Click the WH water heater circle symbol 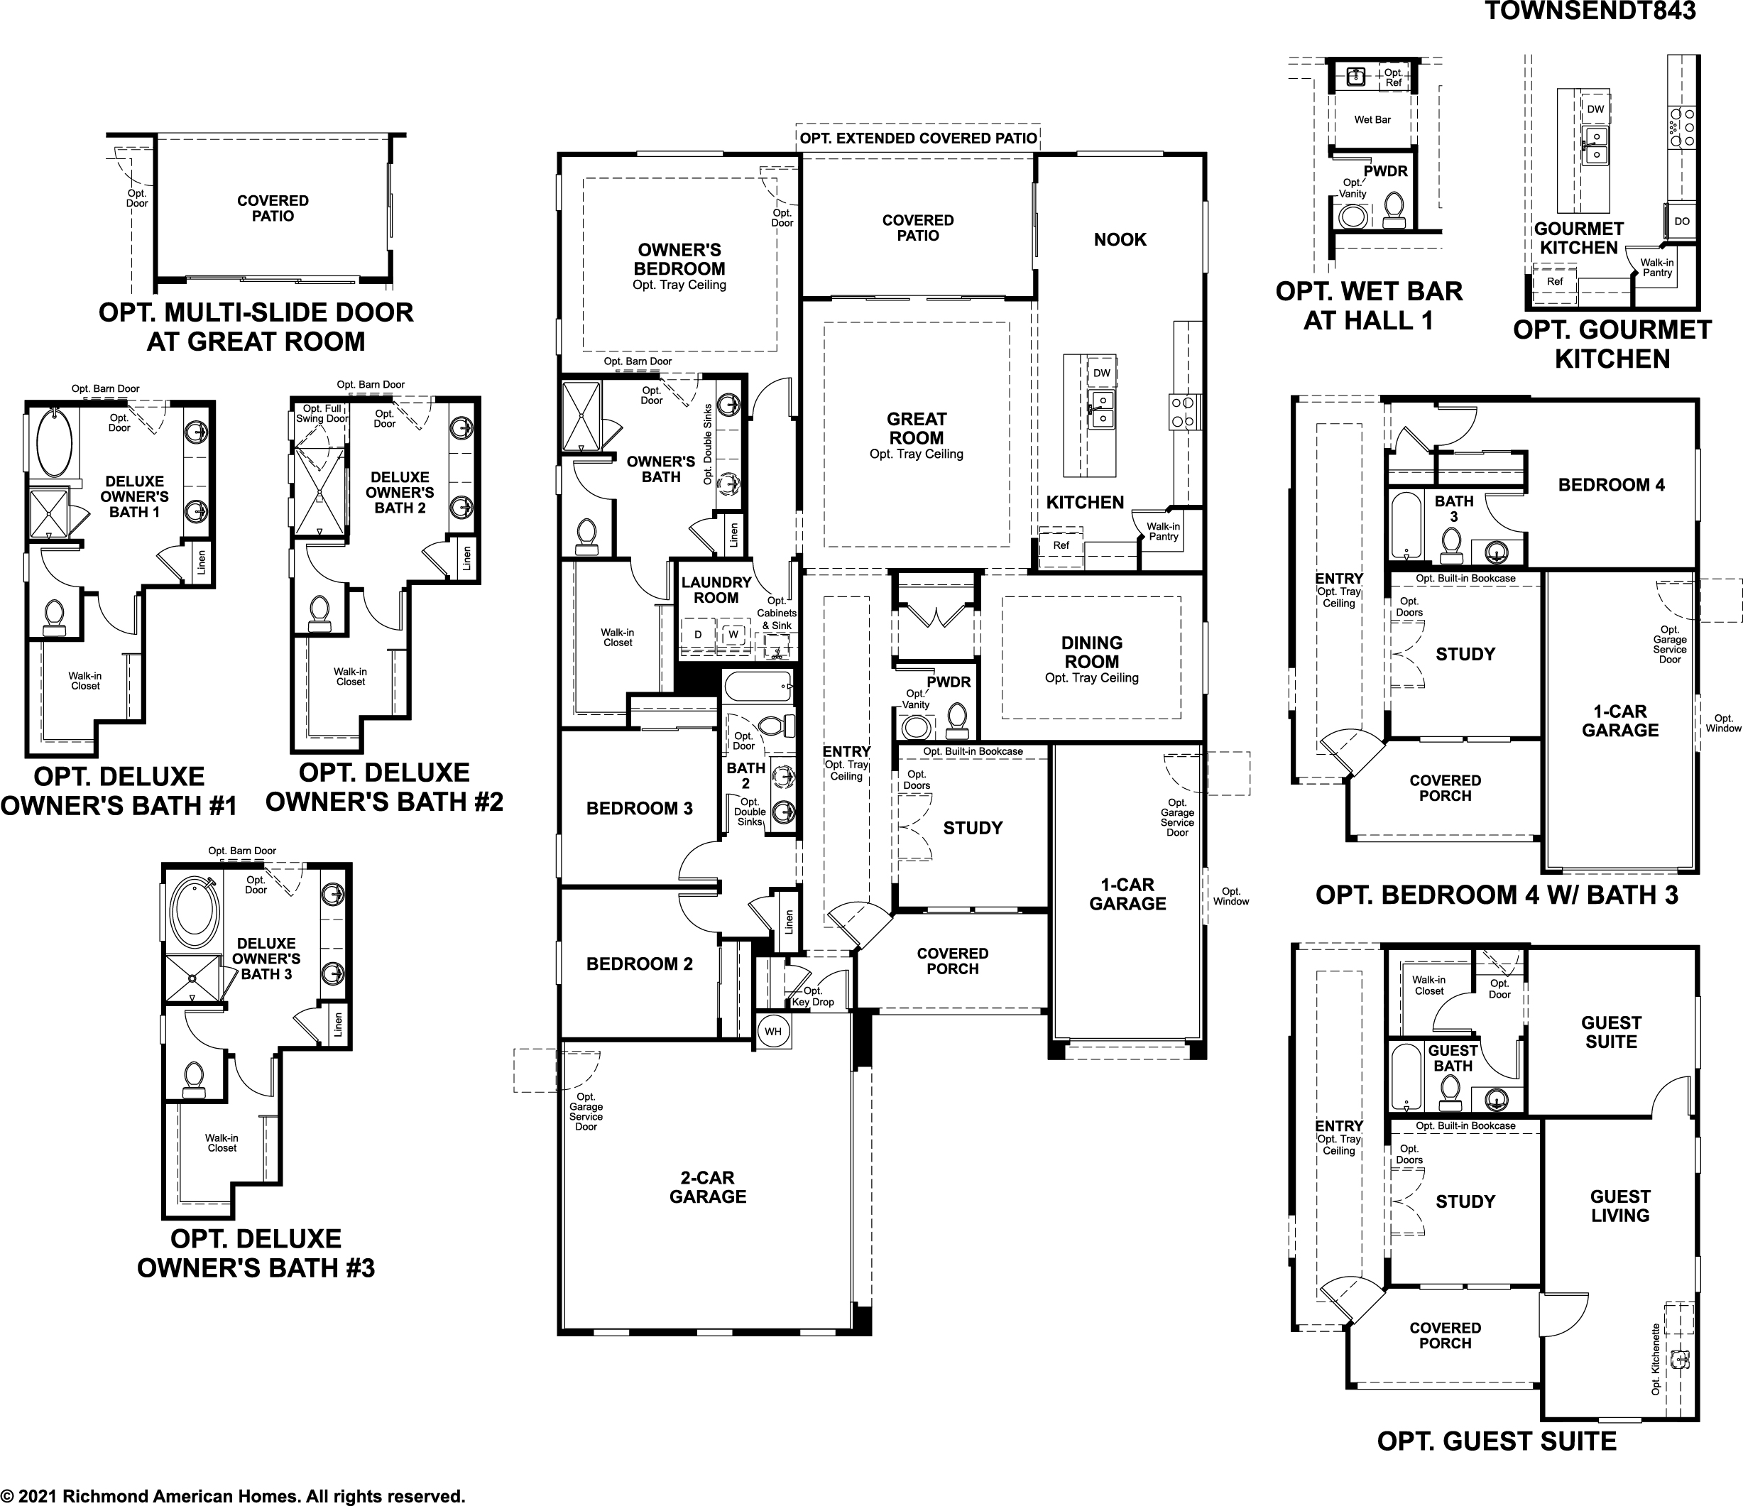pos(773,1032)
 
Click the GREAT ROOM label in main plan pos(916,428)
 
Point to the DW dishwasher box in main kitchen pos(1101,373)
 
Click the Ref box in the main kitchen pos(1061,545)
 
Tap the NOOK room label pos(1120,240)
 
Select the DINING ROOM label pos(1091,652)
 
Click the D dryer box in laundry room pos(697,634)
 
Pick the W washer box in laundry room pos(733,634)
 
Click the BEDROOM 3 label pos(639,809)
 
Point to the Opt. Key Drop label pos(813,996)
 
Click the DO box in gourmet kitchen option pos(1682,222)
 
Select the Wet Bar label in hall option pos(1372,119)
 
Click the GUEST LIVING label pos(1619,1206)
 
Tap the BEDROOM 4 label pos(1611,485)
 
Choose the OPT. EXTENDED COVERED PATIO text pos(918,138)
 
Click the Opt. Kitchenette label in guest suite pos(1656,1360)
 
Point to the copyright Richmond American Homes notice pos(232,1496)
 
